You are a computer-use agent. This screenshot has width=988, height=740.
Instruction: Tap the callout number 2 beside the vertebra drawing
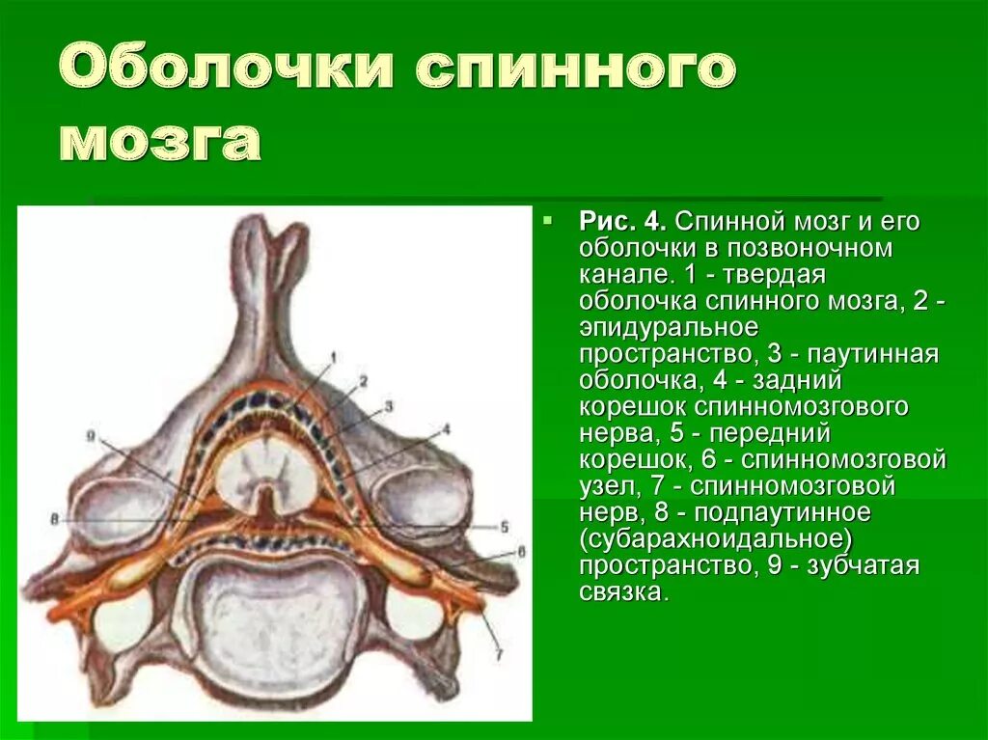[364, 381]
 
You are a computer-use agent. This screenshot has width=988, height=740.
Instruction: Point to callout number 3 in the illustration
[388, 405]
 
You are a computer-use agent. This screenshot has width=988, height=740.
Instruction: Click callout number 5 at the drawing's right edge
[504, 527]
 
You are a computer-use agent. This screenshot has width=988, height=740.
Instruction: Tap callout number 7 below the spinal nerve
[499, 654]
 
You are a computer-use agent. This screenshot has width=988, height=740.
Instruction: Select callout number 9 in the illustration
[90, 436]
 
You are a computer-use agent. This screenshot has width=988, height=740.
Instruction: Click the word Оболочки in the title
[228, 70]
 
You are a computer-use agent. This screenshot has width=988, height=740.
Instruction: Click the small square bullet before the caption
[548, 221]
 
